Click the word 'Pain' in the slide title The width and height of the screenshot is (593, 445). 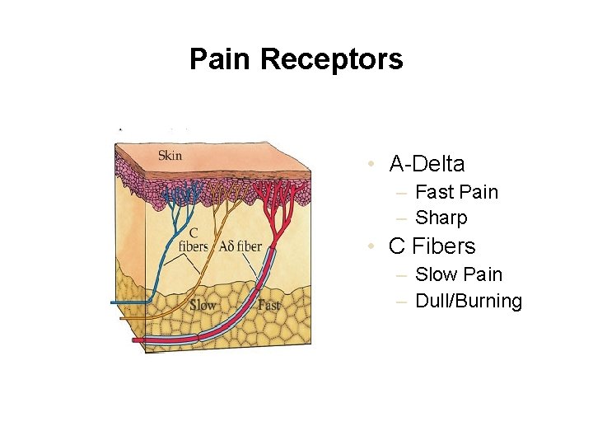point(221,59)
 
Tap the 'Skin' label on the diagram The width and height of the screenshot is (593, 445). point(170,156)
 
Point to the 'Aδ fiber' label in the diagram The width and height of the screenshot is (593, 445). point(240,246)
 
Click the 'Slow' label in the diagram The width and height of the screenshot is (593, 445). point(203,305)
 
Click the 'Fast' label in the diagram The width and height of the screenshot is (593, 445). point(268,305)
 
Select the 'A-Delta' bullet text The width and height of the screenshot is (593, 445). point(427,164)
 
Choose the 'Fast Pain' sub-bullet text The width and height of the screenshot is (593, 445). point(456,192)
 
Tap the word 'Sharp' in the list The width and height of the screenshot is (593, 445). point(441,218)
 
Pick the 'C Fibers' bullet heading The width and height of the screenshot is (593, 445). point(432,246)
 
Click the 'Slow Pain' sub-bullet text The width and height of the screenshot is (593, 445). point(459,274)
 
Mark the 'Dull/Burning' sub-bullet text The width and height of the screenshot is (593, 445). point(469,301)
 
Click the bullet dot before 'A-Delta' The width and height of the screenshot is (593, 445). point(373,165)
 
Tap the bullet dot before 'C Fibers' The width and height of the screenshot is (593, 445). point(373,247)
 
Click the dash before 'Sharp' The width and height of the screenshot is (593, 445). point(401,218)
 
